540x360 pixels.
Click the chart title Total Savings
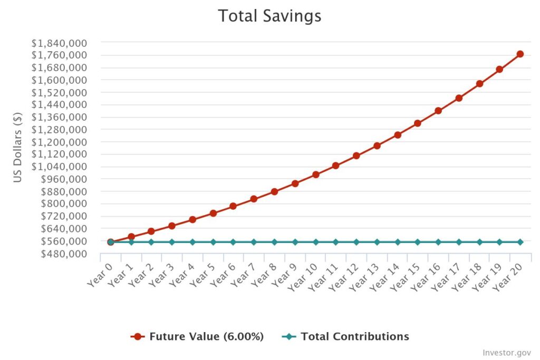[269, 16]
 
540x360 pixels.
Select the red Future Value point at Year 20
[520, 54]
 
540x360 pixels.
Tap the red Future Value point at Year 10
[316, 174]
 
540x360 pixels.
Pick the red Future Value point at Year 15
[418, 123]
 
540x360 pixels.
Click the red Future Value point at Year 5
[213, 213]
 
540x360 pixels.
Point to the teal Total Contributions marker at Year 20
[520, 242]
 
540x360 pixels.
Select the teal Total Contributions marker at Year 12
[356, 242]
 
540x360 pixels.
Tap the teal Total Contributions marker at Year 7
[254, 242]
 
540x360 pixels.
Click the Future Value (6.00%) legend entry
[197, 336]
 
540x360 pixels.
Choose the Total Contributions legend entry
[345, 336]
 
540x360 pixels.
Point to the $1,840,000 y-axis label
[59, 43]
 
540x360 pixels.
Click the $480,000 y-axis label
[64, 254]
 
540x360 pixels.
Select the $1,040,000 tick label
[59, 167]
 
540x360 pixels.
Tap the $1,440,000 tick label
[59, 105]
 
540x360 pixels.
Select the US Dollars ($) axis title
[17, 147]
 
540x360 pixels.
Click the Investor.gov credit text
[507, 353]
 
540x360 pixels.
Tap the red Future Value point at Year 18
[479, 84]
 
